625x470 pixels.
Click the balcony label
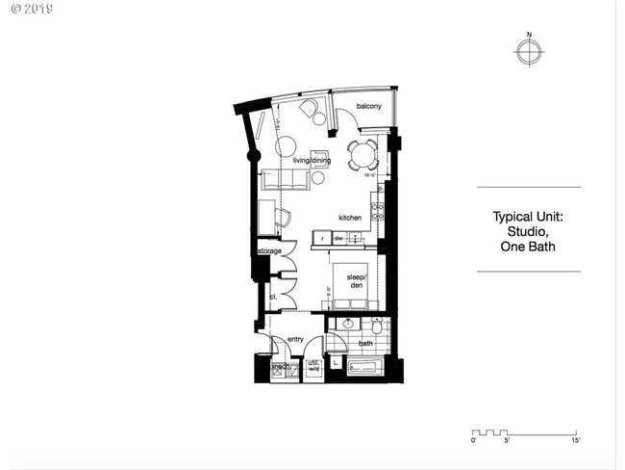point(369,106)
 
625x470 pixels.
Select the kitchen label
point(349,218)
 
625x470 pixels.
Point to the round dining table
point(363,154)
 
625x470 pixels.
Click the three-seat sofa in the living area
point(285,179)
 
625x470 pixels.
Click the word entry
point(295,339)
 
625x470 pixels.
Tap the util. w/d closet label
point(313,366)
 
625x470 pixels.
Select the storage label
point(269,251)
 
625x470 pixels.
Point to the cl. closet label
point(273,297)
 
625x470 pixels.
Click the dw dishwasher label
point(339,238)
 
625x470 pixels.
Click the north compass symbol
point(527,52)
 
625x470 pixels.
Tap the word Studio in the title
point(527,231)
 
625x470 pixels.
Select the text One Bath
point(527,247)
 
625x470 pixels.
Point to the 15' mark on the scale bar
point(575,440)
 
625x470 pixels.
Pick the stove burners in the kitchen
point(379,211)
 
